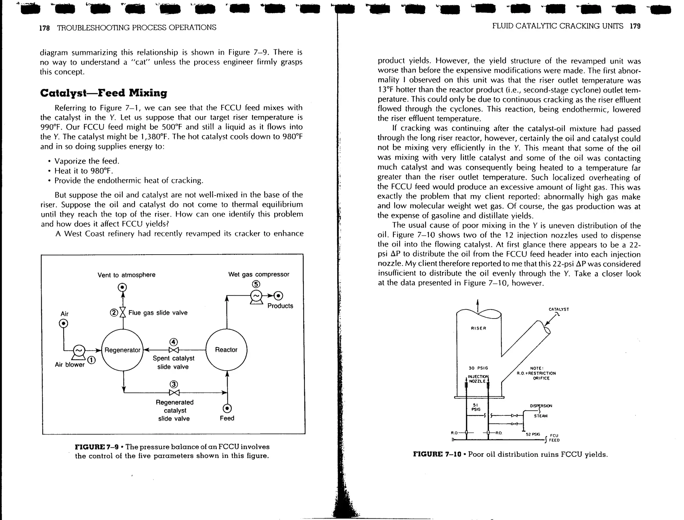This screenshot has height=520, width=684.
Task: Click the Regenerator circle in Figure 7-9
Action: click(122, 350)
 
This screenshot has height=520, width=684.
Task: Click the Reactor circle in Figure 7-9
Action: click(226, 350)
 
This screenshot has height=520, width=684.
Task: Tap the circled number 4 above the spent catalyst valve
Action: click(173, 342)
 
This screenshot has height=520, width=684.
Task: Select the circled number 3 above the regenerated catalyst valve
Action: click(174, 384)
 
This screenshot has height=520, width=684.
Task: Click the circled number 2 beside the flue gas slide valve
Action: click(114, 313)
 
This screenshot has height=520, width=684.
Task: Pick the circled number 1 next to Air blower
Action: click(92, 360)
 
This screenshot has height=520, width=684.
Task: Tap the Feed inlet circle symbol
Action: click(227, 409)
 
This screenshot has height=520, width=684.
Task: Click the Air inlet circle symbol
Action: click(63, 323)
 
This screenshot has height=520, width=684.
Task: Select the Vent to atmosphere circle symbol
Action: click(123, 287)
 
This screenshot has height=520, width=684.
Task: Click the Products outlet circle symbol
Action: click(278, 296)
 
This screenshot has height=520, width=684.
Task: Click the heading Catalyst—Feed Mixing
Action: click(104, 93)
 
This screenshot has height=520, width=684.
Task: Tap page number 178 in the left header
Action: click(44, 28)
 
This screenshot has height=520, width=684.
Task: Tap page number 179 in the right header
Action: click(635, 26)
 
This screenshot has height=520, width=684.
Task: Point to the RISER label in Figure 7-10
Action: click(479, 328)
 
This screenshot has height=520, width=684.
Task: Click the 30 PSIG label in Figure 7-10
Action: click(478, 368)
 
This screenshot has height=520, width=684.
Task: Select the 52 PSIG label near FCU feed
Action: click(533, 434)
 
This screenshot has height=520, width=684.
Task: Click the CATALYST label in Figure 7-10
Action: click(559, 309)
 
